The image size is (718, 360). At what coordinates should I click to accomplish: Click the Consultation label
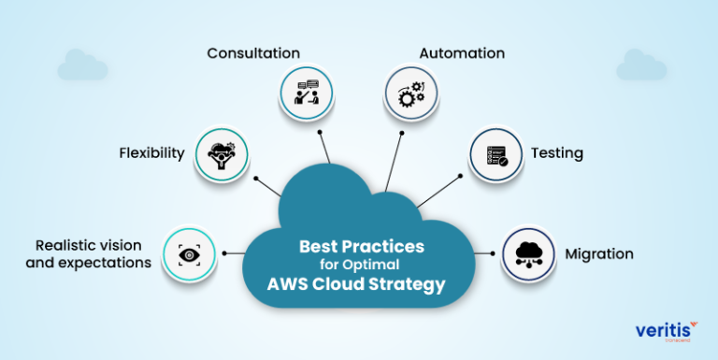click(253, 53)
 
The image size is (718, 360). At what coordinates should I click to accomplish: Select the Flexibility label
click(151, 152)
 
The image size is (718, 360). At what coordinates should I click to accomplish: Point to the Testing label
click(557, 152)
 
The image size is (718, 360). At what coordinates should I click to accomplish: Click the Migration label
click(599, 253)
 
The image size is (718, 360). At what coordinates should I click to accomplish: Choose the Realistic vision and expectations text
click(93, 253)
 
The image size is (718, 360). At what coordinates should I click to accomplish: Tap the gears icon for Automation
click(411, 94)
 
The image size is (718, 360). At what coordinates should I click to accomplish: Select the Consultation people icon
click(307, 94)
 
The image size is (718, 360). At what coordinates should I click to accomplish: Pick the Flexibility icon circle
click(222, 152)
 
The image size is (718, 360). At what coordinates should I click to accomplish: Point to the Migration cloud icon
click(528, 253)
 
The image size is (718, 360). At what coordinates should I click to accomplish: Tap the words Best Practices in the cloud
click(361, 247)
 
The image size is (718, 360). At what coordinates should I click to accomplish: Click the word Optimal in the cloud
click(385, 266)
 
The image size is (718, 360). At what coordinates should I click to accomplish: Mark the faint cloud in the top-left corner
click(82, 65)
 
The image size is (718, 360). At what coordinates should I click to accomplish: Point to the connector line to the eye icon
click(235, 253)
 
